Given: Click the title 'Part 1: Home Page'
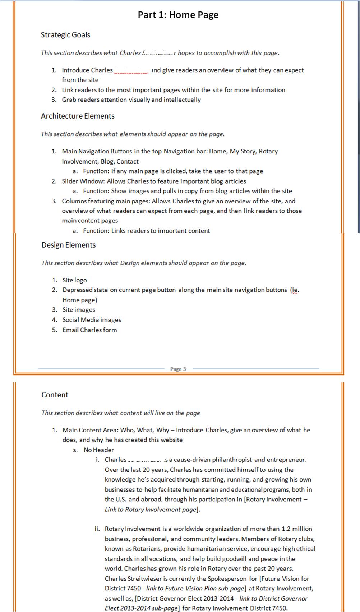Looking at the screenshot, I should (178, 15).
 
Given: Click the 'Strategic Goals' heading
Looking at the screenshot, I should (65, 35).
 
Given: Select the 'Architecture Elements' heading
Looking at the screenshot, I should (78, 116).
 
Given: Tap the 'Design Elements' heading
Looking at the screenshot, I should (69, 245).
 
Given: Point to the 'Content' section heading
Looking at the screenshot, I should (55, 395).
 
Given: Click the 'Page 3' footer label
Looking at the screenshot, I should (178, 369).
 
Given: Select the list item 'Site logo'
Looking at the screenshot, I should (75, 280).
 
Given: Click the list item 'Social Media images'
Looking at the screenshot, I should (92, 320).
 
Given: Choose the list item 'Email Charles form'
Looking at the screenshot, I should (89, 330).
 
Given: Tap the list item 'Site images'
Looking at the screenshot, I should (79, 310).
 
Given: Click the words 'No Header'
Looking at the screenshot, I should (98, 450).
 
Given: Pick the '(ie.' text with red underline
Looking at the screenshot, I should (295, 290).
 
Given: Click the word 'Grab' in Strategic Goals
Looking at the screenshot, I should (69, 100).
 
